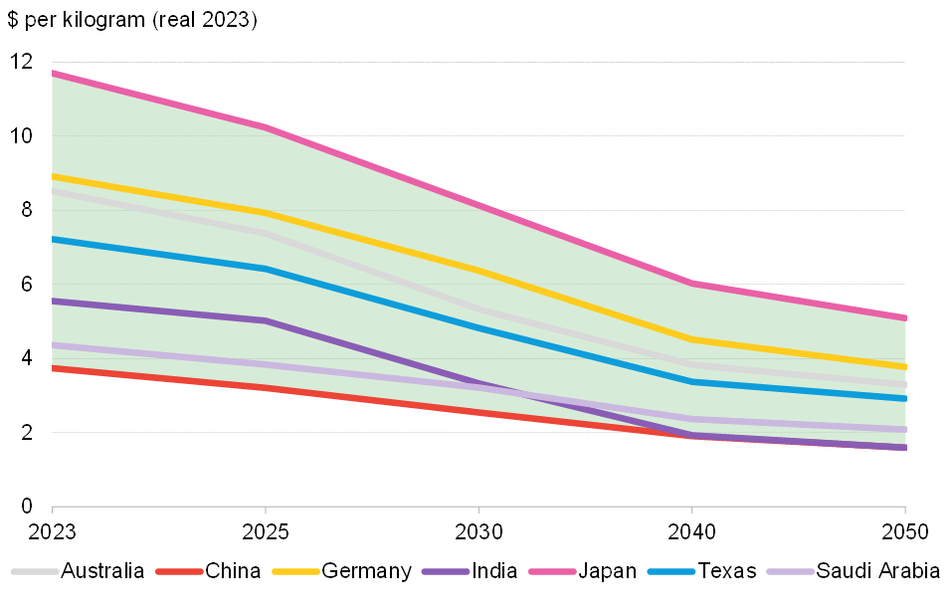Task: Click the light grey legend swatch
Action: [35, 571]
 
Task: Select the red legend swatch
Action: [180, 571]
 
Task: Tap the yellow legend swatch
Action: [296, 571]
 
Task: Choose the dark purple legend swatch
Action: [446, 571]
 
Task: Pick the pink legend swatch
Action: [553, 571]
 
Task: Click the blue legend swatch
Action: [671, 571]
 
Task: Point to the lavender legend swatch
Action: [791, 571]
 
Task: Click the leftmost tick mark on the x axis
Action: [52, 510]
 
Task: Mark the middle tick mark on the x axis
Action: [478, 510]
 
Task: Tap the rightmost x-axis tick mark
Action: [905, 510]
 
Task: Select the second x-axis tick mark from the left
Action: [266, 510]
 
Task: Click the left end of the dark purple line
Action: [54, 301]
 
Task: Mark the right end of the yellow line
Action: [904, 366]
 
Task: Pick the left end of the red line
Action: [54, 368]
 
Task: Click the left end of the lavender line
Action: [54, 345]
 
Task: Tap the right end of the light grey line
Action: [904, 384]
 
